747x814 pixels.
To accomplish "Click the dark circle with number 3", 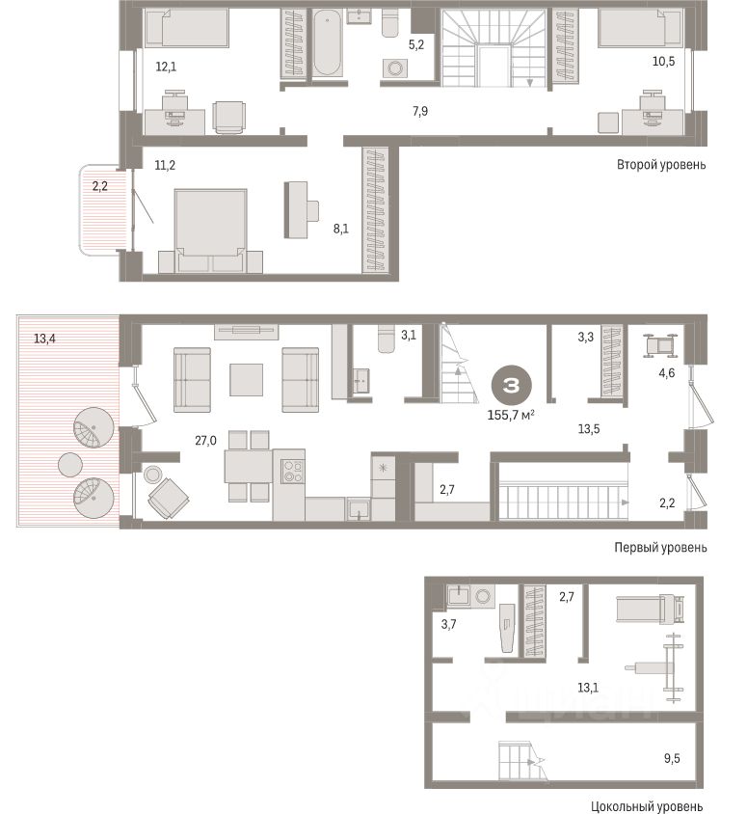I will [512, 386].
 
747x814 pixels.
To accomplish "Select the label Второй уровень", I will [661, 165].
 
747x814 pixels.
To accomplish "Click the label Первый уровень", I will [660, 547].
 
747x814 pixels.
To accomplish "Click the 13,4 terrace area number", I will [44, 338].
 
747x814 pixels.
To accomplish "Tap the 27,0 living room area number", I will [205, 440].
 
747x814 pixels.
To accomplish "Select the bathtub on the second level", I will [327, 44].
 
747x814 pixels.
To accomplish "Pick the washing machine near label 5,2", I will [395, 68].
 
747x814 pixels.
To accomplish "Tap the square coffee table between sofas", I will [245, 379].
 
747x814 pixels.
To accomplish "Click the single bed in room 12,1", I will [187, 29].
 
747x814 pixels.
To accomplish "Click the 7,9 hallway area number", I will [420, 112].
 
